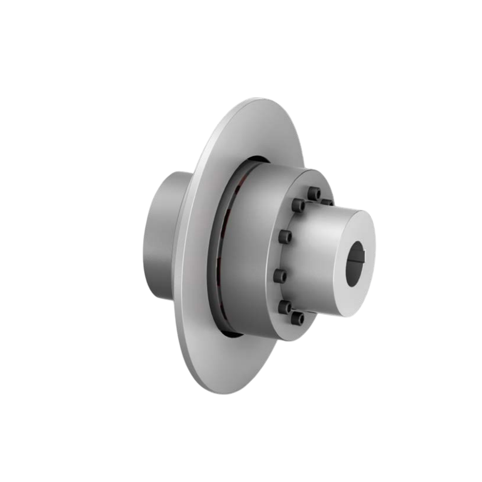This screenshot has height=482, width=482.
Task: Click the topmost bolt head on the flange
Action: (x=314, y=193)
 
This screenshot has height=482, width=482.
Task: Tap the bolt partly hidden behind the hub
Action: (x=327, y=202)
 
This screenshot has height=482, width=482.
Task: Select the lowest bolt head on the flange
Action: (x=298, y=318)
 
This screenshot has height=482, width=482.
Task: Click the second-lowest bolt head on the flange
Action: (x=285, y=307)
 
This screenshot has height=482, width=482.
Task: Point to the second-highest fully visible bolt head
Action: (x=299, y=205)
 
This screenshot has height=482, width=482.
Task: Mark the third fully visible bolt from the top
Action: (x=285, y=237)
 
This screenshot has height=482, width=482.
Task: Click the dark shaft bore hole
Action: (x=355, y=264)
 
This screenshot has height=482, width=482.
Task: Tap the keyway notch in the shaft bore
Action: (x=363, y=256)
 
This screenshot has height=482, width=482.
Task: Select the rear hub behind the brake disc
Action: (x=161, y=237)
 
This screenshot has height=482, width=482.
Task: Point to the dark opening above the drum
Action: (x=259, y=159)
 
